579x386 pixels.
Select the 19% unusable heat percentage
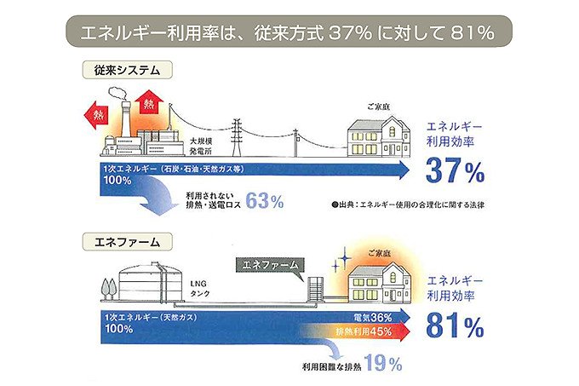(382, 364)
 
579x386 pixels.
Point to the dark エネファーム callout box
(267, 264)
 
